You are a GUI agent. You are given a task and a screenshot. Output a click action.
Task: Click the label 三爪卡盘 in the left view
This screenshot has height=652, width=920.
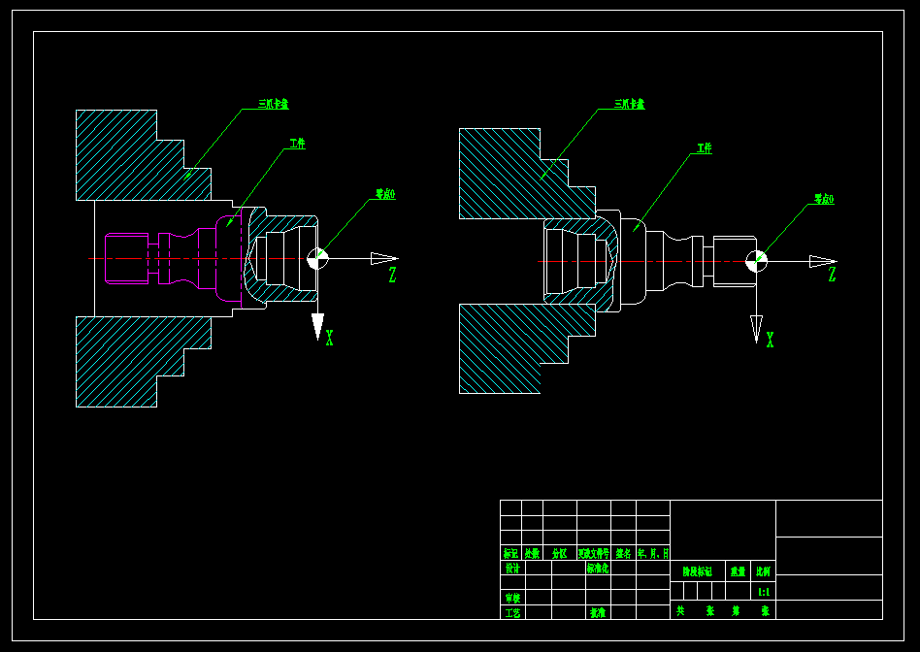[x=273, y=103]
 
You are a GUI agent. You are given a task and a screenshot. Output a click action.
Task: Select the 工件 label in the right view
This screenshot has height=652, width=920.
[x=704, y=148]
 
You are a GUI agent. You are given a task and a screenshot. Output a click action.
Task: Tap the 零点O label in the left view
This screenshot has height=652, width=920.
[x=385, y=194]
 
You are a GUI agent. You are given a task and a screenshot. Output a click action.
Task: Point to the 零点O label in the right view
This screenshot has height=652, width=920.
[x=823, y=199]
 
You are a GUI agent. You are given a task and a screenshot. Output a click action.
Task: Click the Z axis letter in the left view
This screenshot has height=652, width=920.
[x=392, y=276]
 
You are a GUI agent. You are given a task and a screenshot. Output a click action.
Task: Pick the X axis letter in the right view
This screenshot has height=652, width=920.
[x=770, y=340]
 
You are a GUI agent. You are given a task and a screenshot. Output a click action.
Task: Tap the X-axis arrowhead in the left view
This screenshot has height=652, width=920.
[x=317, y=327]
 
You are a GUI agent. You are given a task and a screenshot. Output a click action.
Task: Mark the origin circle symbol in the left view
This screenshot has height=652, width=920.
[x=317, y=258]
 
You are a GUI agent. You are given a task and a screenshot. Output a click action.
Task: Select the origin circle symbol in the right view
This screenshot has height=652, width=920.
[x=757, y=261]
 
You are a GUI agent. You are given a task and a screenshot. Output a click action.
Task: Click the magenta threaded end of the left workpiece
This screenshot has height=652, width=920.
[x=127, y=258]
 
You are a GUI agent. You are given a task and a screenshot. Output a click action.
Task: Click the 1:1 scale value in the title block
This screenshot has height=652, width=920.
[x=764, y=591]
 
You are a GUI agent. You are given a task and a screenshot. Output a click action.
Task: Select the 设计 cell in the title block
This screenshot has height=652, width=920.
[x=511, y=570]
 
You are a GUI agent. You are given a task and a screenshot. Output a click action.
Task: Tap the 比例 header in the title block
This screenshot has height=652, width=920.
[x=764, y=572]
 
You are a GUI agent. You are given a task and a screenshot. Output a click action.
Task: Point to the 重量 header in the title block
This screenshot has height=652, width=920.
[x=738, y=572]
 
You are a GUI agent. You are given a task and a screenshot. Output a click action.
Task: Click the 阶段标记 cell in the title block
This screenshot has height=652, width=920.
[x=697, y=572]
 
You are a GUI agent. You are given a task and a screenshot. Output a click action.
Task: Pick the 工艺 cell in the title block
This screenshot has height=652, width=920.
[x=511, y=612]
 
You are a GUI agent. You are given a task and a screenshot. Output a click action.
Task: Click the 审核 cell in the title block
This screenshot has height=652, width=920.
[x=511, y=598]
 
